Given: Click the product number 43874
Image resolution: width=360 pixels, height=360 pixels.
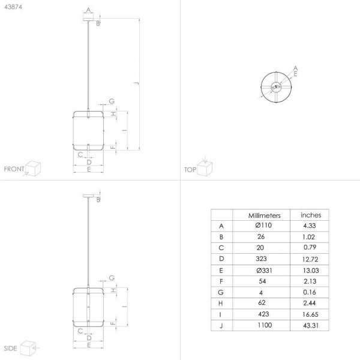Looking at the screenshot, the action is point(13,7).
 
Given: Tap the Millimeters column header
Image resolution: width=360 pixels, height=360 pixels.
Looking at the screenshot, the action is point(264,215).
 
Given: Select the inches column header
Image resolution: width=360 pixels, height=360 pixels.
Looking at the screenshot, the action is point(311,215).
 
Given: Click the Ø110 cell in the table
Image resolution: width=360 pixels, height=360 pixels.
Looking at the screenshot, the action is point(263,225).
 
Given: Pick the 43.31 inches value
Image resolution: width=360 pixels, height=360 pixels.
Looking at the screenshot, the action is point(311,326).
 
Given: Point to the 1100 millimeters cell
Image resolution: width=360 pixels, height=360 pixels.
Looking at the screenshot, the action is point(265,325).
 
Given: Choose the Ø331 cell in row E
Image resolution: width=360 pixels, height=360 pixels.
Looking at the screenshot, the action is point(264,271).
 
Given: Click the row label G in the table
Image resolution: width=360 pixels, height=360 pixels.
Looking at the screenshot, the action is point(221,292).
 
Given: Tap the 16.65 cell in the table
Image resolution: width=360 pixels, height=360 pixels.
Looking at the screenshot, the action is point(310,314).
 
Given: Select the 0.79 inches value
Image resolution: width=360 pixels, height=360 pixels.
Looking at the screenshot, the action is point(310,247).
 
